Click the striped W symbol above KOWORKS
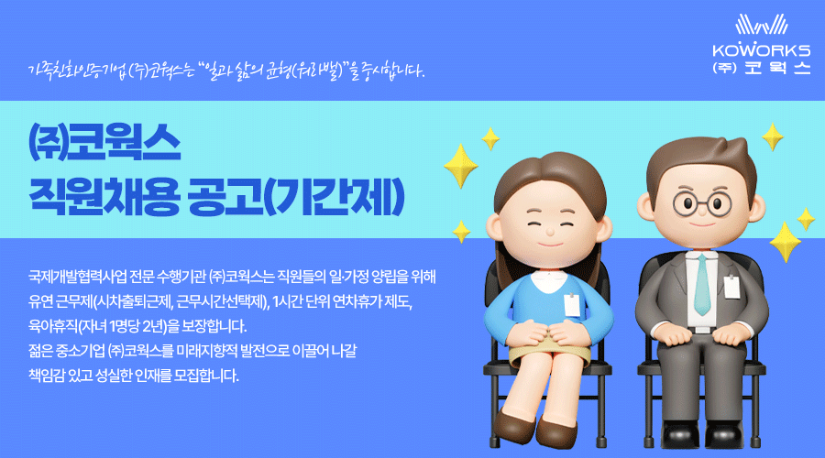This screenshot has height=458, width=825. pos(762,25)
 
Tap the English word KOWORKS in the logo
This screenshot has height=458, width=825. pos(762,50)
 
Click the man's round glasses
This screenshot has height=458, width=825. pos(702,203)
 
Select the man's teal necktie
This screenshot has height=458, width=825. pos(702,285)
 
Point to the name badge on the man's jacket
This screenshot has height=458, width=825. pos(731,287)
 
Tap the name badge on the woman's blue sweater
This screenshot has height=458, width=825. pos(572,305)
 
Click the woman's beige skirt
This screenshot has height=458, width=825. pos(548,351)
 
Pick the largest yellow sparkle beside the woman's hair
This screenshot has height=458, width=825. pos(461,166)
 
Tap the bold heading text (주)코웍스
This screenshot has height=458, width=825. pos(104,142)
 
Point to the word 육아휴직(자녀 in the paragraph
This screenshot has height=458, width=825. pos(68,326)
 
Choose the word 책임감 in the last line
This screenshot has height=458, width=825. pos(47,376)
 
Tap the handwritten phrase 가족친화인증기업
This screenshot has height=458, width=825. pos(77,70)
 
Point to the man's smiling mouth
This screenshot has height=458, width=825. pos(702,224)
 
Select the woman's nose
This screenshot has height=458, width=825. pos(550,232)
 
